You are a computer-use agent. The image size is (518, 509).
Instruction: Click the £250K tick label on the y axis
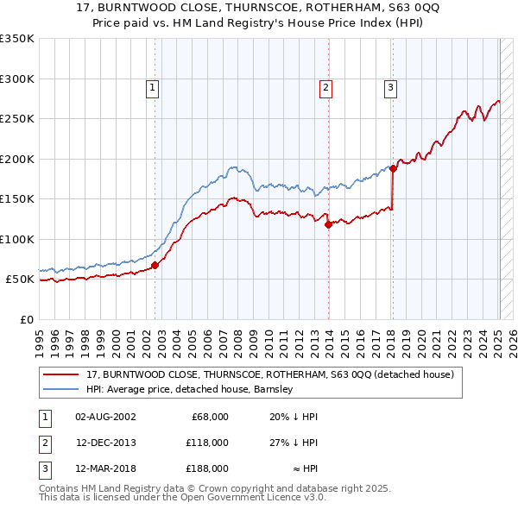pos(17,118)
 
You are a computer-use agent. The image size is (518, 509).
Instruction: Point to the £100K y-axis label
pos(17,239)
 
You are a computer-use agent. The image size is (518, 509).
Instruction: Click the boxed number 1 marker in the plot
pos(152,86)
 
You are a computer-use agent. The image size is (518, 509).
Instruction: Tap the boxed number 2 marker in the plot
pos(325,86)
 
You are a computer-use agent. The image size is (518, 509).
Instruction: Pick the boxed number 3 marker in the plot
pos(390,86)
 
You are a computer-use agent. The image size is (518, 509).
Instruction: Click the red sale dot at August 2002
pos(155,266)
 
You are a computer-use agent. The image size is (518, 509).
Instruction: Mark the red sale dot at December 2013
pos(329,225)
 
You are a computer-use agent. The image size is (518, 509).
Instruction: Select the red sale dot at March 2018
pos(393,169)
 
